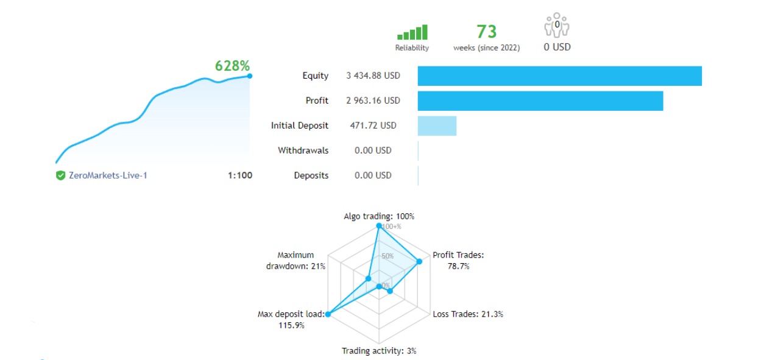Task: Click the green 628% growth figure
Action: tap(232, 66)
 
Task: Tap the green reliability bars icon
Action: tap(412, 32)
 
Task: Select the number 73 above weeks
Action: tap(486, 31)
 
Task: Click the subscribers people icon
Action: tap(556, 26)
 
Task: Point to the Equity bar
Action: tap(559, 76)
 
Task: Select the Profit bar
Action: tap(540, 101)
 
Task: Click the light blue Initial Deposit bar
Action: tap(437, 125)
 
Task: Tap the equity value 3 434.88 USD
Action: tap(373, 76)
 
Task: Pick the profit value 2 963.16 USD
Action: tap(373, 101)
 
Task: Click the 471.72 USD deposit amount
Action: tap(373, 125)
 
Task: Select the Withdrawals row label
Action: tap(303, 150)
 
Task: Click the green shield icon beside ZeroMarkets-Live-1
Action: tap(60, 175)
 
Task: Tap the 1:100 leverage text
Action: tap(240, 175)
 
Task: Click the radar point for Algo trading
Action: tap(379, 226)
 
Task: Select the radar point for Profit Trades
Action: tap(419, 262)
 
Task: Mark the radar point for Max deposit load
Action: tap(328, 314)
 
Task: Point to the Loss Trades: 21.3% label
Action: tap(467, 314)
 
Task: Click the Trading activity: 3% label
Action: tap(379, 351)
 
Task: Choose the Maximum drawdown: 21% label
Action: tap(295, 261)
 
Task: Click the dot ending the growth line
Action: tap(250, 76)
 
